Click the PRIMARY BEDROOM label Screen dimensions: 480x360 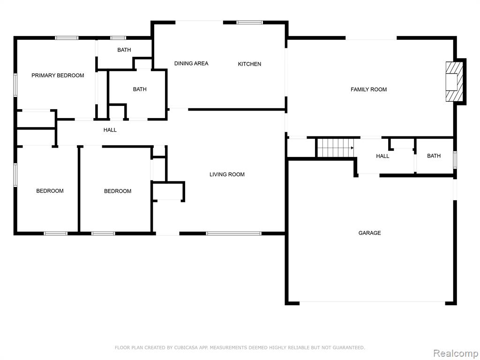pos(58,75)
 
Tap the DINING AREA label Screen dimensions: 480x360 pos(191,63)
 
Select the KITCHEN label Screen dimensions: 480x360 pos(249,64)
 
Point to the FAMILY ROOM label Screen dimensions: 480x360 pos(368,90)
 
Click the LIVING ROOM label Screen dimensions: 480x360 pos(227,174)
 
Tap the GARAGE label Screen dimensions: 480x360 pos(369,233)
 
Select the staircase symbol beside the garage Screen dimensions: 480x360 pos(335,148)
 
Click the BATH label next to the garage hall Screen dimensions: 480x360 pos(434,156)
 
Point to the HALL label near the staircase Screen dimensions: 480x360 pos(382,156)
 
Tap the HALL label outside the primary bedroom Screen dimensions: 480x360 pos(110,130)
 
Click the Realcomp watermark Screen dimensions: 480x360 pos(456,353)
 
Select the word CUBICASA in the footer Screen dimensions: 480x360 pos(186,347)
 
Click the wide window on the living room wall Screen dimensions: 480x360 pos(233,233)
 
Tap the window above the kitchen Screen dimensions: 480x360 pos(250,22)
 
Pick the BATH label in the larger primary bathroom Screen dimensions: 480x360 pos(140,90)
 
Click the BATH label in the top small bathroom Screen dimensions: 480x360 pos(124,50)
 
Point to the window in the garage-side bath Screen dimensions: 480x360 pos(455,160)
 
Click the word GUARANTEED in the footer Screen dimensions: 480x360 pos(349,347)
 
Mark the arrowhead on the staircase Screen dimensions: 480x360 pos(352,148)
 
